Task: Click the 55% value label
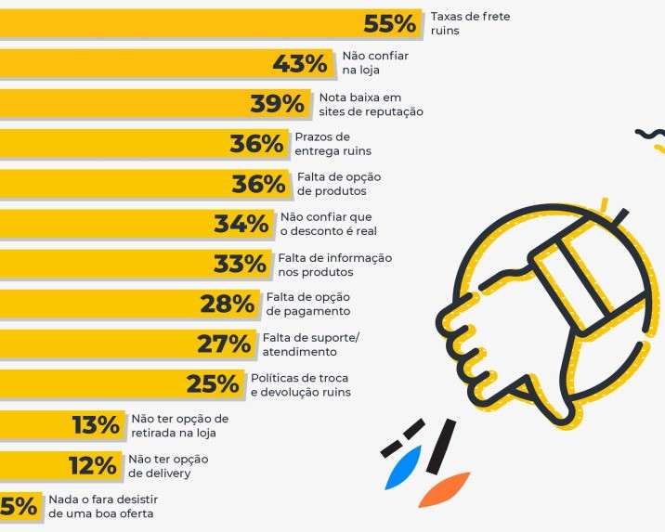[391, 24]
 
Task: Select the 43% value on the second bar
[299, 64]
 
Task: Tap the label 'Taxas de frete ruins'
[470, 24]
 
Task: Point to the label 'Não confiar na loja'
[369, 63]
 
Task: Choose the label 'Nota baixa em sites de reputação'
[371, 104]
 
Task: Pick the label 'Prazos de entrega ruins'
[332, 144]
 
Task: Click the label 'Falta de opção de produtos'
[339, 184]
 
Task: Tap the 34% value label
[241, 224]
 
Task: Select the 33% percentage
[240, 264]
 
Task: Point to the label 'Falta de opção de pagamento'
[308, 304]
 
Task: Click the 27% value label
[224, 344]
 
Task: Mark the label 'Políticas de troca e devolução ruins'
[301, 384]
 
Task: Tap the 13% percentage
[96, 425]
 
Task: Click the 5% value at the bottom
[19, 506]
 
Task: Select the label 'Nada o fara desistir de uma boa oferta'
[101, 506]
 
